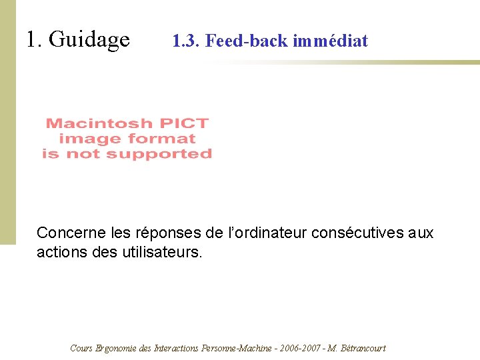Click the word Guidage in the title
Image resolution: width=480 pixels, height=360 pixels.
coord(89,40)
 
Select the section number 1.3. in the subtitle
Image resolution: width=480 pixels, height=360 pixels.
coord(186,41)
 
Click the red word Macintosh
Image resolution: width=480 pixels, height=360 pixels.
coord(99,123)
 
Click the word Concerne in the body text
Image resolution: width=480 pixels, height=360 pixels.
coord(65,233)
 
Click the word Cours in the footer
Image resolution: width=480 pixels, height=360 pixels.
coord(81,348)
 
